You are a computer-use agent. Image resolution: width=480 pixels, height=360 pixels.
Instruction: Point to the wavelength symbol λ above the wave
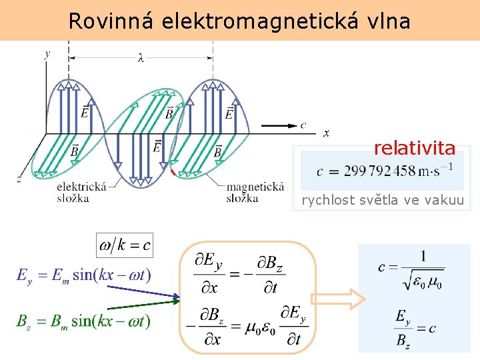tap(140, 59)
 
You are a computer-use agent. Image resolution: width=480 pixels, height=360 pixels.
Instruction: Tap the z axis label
tap(19, 179)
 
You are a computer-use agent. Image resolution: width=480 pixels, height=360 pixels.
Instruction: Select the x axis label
tap(326, 134)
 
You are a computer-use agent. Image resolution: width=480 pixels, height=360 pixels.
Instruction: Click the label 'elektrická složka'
tap(81, 192)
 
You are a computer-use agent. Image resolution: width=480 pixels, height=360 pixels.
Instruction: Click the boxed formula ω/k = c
tap(125, 245)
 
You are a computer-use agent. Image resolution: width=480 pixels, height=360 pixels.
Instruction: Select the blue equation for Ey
tap(84, 275)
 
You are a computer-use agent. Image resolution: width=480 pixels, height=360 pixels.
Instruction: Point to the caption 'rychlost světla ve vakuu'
tap(383, 200)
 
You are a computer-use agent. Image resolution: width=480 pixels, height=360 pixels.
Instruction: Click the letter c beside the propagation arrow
tap(303, 125)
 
